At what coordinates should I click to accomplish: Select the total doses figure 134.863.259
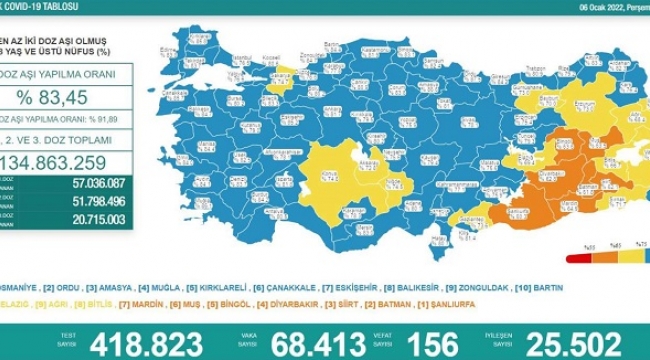(71, 165)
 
